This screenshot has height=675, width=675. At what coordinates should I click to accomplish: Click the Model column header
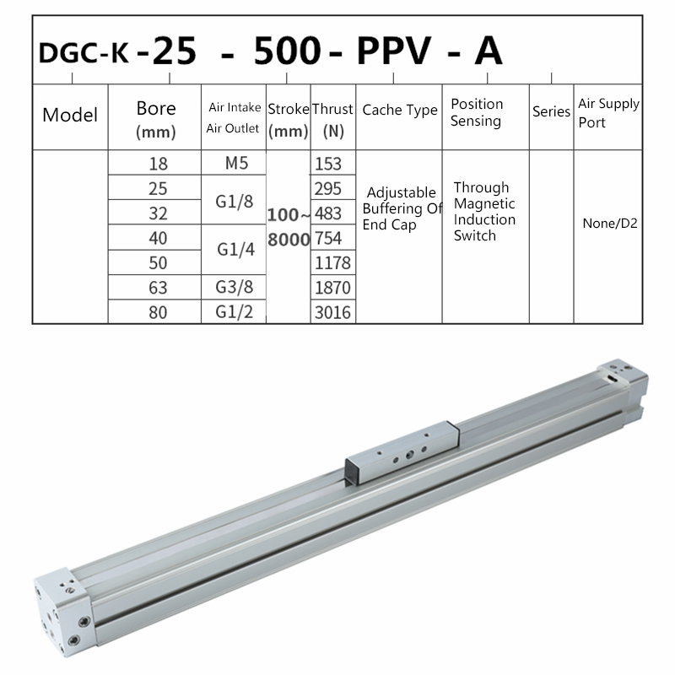pos(70,115)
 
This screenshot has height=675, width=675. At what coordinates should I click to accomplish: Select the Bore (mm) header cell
pos(156,119)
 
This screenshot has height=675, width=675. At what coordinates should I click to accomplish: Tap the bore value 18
pos(158,164)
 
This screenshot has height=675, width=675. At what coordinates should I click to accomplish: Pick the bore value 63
pos(158,288)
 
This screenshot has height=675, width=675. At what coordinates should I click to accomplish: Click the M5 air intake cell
pos(236,163)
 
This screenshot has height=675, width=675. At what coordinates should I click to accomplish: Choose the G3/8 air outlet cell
pos(235,287)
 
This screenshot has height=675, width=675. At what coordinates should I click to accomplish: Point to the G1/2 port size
pos(235,311)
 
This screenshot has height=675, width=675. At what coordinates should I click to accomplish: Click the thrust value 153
pos(328,164)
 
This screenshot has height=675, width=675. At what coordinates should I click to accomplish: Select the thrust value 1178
pos(332,262)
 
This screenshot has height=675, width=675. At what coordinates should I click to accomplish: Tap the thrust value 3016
pos(332,312)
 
